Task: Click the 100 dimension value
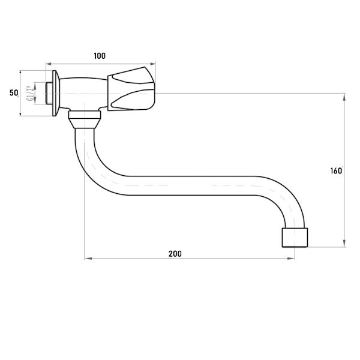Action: point(100,56)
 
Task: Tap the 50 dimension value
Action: point(14,93)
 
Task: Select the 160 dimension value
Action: point(336,171)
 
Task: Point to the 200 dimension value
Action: point(175,254)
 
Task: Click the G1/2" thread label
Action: point(29,93)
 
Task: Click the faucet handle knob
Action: point(131,89)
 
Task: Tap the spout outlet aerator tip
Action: point(295,238)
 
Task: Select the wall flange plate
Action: point(56,93)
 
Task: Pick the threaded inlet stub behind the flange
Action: point(49,93)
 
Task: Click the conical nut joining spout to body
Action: point(85,119)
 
